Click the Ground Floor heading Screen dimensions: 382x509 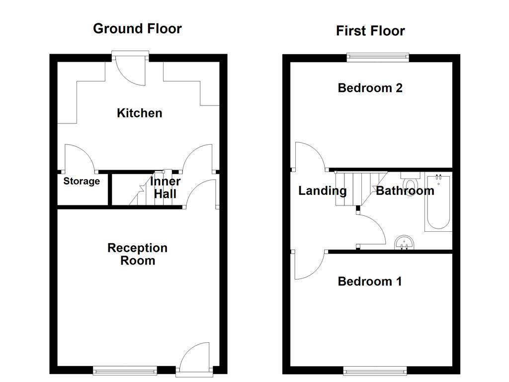137,28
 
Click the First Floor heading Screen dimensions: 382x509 370,31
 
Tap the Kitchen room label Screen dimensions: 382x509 139,113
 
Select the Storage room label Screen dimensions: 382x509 82,182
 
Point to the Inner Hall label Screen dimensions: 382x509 165,188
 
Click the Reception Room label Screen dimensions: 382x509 138,254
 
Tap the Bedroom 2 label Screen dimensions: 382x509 370,88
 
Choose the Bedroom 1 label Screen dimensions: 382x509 370,282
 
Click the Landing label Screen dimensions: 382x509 322,191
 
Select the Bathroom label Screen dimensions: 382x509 405,191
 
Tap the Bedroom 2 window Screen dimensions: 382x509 378,57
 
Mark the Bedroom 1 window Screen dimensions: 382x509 375,370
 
